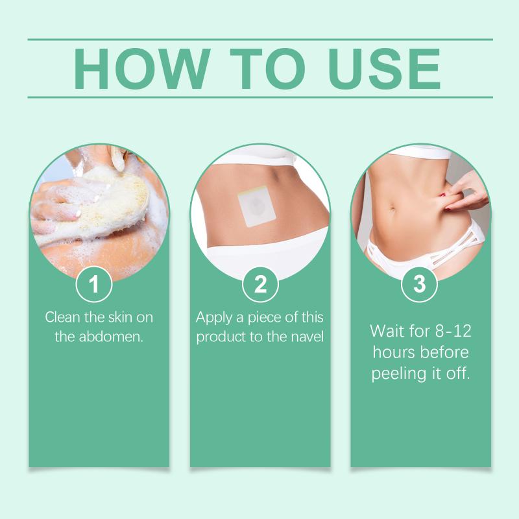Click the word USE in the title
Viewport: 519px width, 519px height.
385,69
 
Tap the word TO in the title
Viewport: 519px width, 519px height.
267,69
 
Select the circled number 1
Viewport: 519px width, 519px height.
94,284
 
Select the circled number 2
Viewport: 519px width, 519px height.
260,284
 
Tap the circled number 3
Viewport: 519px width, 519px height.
419,284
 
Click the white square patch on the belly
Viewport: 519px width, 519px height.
257,206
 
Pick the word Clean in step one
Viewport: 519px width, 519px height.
62,317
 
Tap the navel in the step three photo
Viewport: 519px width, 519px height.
393,210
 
